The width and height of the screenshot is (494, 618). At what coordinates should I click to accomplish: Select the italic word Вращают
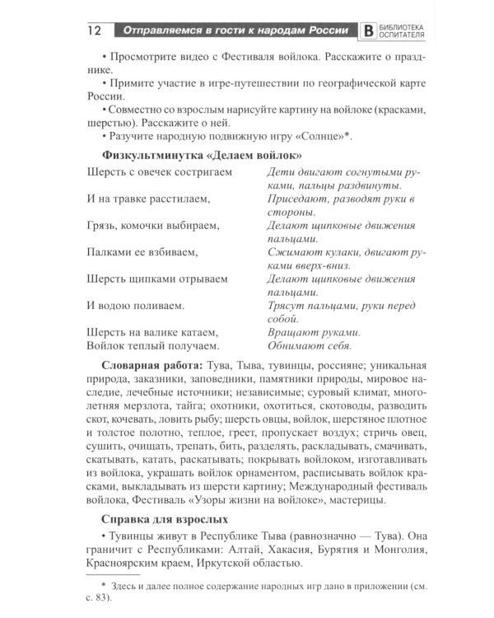tap(292, 332)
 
